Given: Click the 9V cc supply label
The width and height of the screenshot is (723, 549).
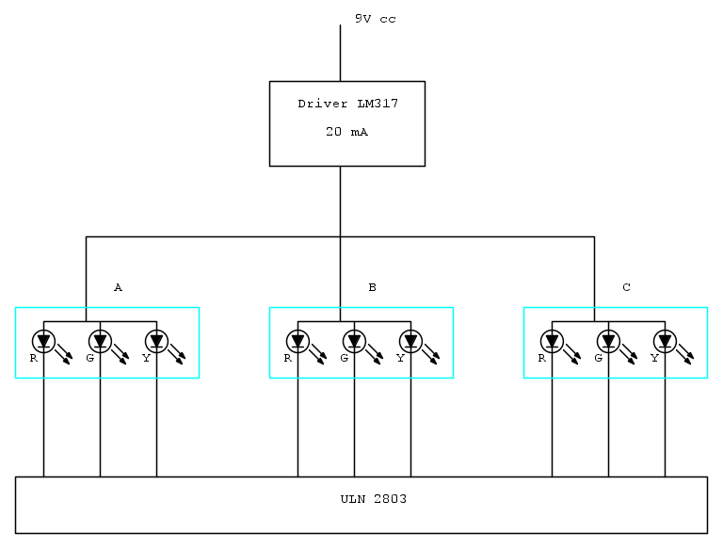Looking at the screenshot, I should (x=375, y=19).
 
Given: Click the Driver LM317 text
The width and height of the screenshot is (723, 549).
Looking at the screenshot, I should (x=347, y=104).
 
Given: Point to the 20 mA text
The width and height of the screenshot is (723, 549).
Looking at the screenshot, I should (x=346, y=133).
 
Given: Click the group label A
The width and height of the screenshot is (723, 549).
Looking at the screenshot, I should (x=118, y=287).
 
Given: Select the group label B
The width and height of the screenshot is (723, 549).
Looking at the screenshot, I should (x=372, y=287).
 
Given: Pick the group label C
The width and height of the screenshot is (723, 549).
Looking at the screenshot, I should (x=626, y=287).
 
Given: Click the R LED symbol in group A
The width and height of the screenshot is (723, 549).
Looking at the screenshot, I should (x=44, y=340).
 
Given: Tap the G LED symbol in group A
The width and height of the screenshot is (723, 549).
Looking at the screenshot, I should (x=101, y=340).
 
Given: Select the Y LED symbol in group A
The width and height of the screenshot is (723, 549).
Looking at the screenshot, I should (x=157, y=340).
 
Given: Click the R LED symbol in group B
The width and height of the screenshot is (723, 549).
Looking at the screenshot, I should (x=298, y=340).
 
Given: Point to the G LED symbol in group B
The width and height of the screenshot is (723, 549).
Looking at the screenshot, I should (x=355, y=340).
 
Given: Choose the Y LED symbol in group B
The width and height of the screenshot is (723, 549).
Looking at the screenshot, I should (x=411, y=340).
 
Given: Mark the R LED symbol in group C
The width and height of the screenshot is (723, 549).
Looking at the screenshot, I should (x=553, y=340).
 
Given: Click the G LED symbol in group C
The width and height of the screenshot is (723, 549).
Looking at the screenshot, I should (x=609, y=340).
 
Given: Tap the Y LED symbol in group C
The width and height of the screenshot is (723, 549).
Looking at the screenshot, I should (x=666, y=340).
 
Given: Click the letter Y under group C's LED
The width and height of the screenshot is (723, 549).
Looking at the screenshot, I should (x=654, y=358).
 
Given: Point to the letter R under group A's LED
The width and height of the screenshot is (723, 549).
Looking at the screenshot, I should (x=33, y=358).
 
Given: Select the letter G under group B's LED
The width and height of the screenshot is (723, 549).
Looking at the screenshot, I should (x=344, y=358).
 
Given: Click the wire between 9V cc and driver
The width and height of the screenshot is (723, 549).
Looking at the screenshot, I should (x=340, y=53).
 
